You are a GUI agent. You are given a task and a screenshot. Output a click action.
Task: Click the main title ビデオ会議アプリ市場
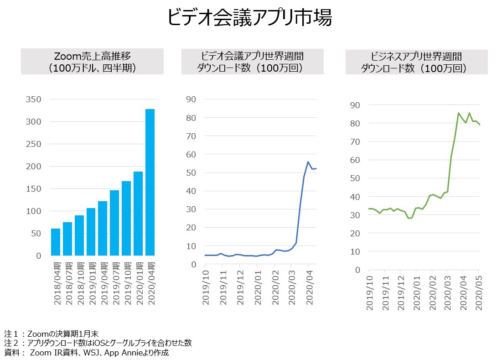click(249, 18)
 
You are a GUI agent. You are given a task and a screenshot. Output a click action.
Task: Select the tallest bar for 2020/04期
click(150, 183)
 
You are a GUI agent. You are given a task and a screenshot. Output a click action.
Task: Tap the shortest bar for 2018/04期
click(56, 242)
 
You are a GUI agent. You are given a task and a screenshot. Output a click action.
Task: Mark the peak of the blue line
click(308, 162)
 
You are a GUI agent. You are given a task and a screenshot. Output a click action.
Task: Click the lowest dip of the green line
click(409, 218)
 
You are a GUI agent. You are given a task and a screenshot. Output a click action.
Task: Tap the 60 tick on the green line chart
click(355, 160)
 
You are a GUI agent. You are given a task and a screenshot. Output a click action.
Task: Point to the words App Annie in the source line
click(137, 353)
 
